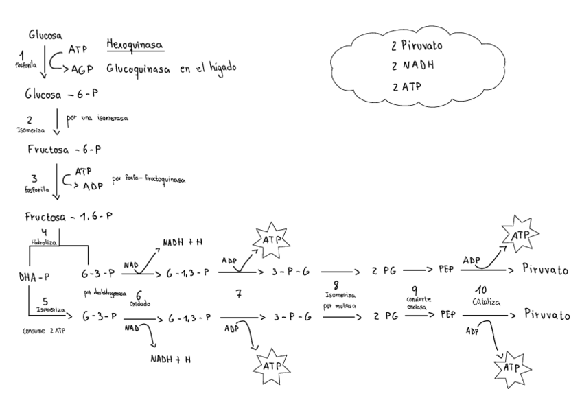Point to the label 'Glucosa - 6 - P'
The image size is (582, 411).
tap(61, 96)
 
